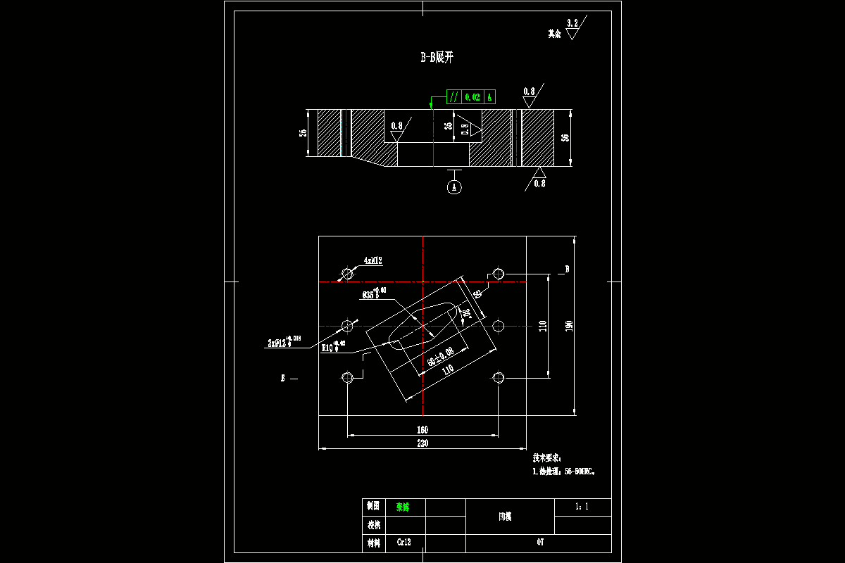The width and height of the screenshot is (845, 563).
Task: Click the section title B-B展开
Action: click(x=437, y=58)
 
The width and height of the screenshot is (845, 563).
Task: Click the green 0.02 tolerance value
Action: click(x=472, y=97)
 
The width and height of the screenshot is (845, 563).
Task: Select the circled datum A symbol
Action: click(x=454, y=187)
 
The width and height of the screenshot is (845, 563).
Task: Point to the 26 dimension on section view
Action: click(x=303, y=132)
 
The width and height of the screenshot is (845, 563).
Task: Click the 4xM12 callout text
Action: click(x=373, y=260)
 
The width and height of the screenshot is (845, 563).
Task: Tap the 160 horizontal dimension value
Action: click(x=423, y=429)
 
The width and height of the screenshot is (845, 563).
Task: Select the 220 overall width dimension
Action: click(x=423, y=443)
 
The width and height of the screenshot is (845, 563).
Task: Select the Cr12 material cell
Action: click(x=403, y=543)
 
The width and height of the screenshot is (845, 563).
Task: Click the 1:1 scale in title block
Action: click(x=582, y=506)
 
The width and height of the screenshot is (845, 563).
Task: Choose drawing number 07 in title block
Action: click(x=540, y=543)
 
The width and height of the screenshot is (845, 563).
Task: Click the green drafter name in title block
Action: click(x=402, y=507)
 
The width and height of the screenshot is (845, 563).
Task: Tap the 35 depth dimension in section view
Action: click(x=448, y=127)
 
